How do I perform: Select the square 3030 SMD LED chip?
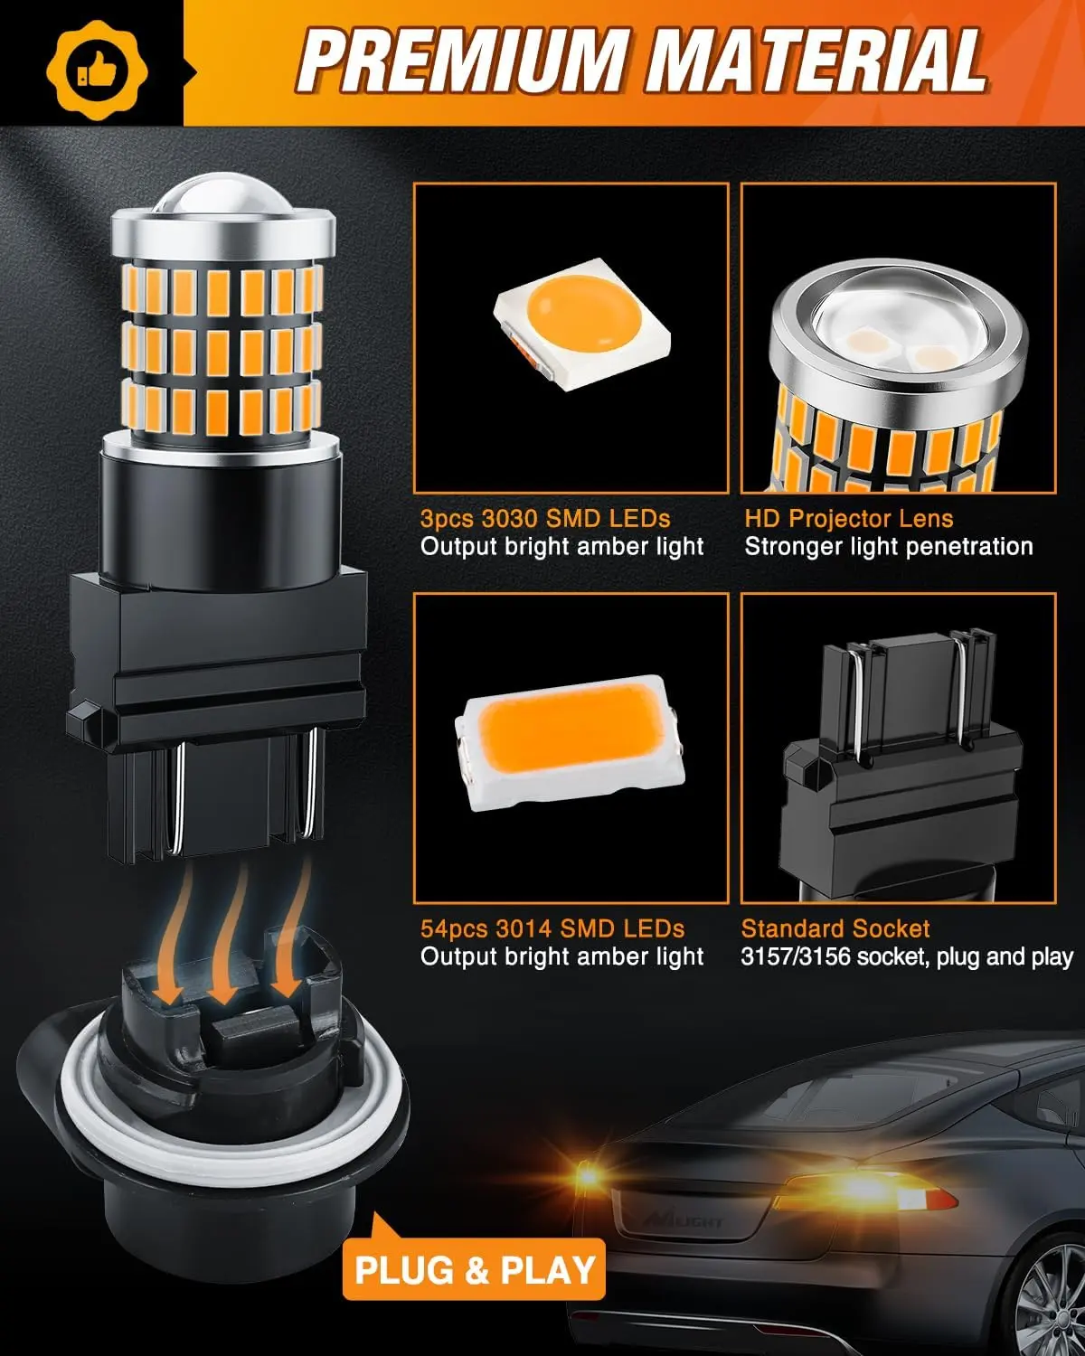571,322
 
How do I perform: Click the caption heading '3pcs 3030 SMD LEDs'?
545,519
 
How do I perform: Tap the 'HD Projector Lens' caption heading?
848,519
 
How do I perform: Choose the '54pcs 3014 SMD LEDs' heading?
552,928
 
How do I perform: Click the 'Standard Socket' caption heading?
835,928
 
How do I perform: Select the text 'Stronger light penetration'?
888,547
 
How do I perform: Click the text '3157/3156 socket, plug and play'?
907,956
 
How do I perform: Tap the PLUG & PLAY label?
475,1270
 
